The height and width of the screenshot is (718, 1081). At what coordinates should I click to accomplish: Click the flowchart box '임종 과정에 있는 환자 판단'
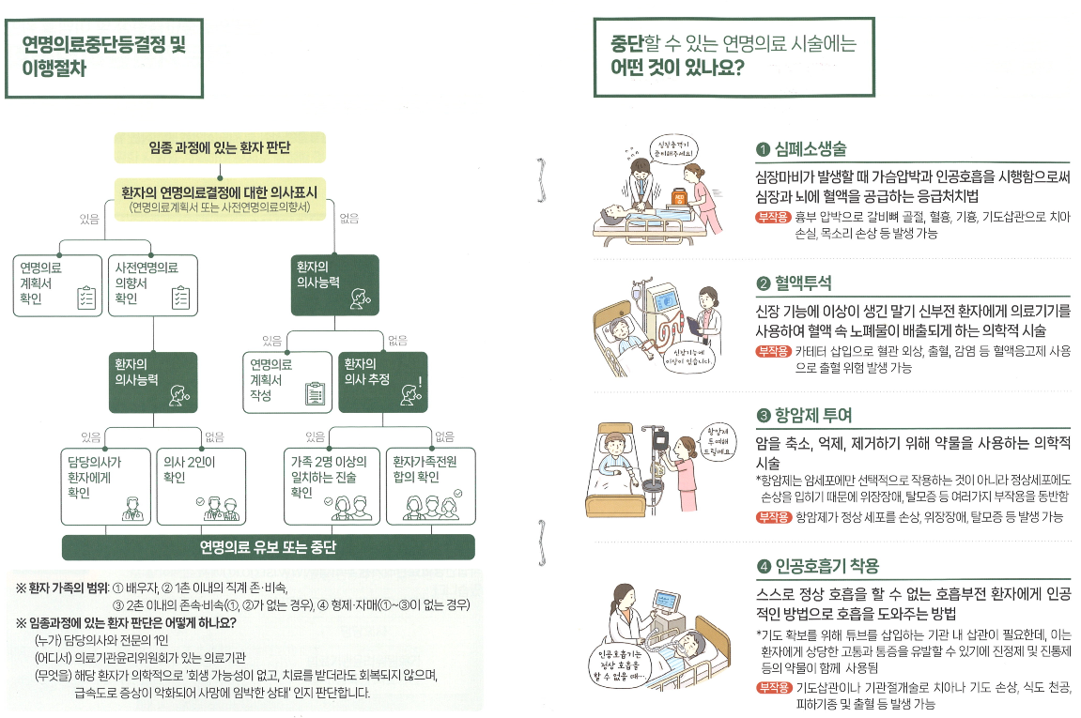(x=220, y=147)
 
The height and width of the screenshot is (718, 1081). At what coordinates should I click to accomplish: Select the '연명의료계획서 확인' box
(x=55, y=283)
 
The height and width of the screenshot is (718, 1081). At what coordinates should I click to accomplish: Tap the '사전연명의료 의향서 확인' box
(x=151, y=283)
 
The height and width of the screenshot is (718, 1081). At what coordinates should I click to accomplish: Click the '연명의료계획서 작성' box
(x=287, y=381)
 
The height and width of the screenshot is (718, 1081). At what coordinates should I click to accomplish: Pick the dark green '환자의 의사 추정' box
(x=383, y=381)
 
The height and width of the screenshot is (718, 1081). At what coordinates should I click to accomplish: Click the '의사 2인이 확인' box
(x=200, y=485)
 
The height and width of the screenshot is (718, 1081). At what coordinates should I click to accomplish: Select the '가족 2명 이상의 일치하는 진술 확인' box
(x=332, y=485)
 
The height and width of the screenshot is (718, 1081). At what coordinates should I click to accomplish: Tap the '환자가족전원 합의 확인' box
(x=432, y=485)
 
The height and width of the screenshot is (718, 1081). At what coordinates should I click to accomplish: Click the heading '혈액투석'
(x=802, y=283)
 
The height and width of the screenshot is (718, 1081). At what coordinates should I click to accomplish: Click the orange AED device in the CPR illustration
(x=677, y=197)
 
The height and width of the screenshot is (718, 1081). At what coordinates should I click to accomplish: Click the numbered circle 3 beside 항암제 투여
(x=764, y=415)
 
